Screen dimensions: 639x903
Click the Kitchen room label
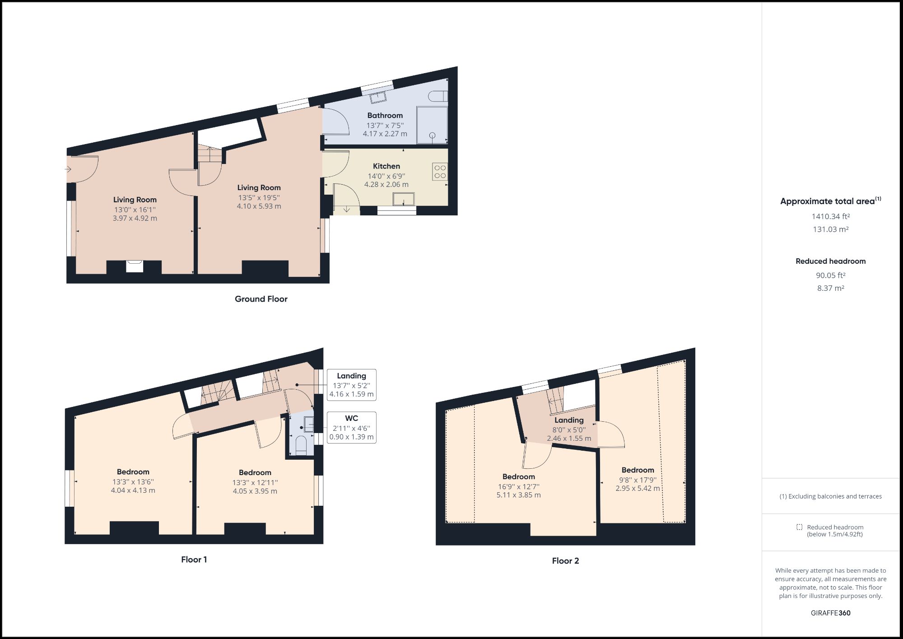pos(386,166)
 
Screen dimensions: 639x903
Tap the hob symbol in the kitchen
pos(440,172)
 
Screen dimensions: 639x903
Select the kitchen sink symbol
pos(403,199)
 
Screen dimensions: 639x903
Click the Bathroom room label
pos(385,116)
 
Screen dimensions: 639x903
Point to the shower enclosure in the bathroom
pos(432,125)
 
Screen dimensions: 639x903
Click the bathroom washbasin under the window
pos(378,97)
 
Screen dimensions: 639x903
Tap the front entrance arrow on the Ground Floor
pos(68,169)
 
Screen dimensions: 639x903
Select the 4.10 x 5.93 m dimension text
pos(259,206)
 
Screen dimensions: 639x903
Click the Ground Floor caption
pos(261,299)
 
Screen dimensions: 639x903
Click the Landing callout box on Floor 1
pos(351,385)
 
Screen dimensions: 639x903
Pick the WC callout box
pos(351,427)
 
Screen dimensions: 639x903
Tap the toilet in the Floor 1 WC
pos(301,444)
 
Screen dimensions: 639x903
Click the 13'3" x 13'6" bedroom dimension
pos(133,482)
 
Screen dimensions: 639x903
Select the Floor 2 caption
pos(565,561)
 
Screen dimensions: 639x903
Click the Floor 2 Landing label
pos(569,420)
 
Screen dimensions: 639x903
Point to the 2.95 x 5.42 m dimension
pos(638,488)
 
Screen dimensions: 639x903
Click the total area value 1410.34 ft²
pos(830,216)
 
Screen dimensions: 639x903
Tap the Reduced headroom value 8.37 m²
pos(830,288)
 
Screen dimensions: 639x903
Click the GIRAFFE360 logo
pos(830,613)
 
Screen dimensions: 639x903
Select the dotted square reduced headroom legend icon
pos(799,527)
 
